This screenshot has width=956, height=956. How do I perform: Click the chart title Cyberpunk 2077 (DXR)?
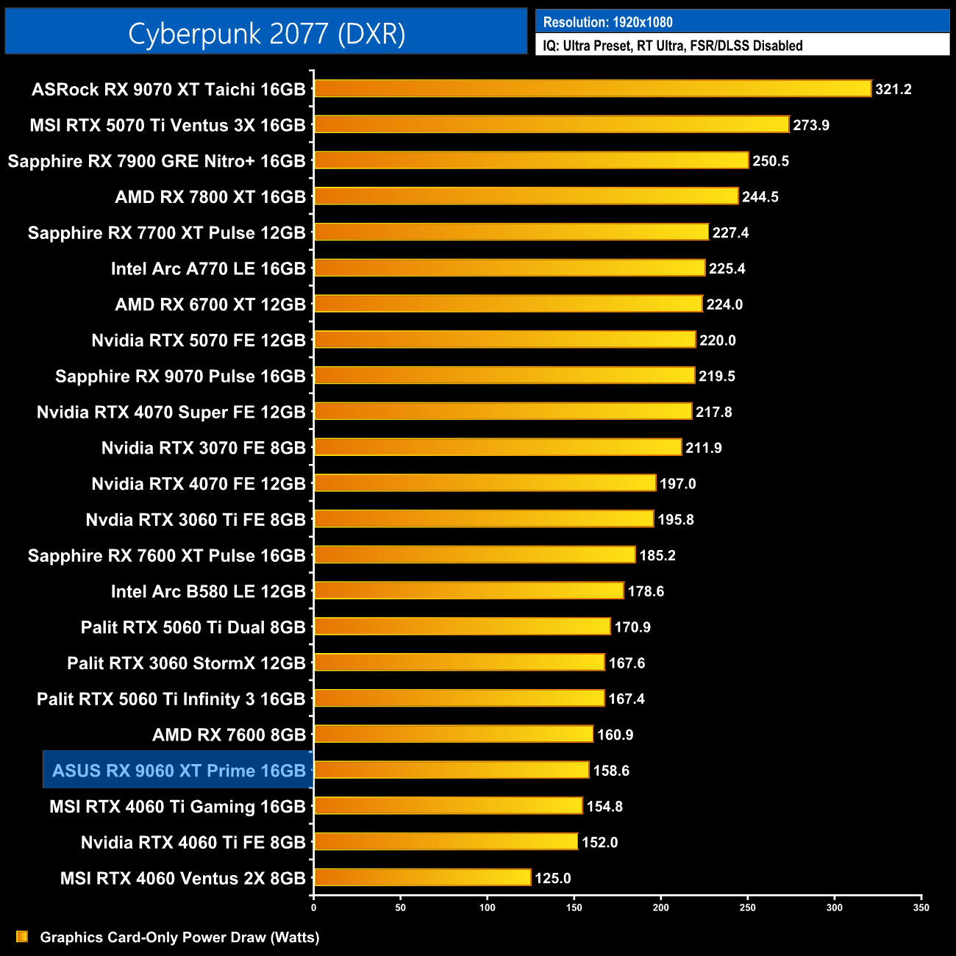pyautogui.click(x=266, y=34)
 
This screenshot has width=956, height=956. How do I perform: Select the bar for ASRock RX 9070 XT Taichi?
pyautogui.click(x=593, y=89)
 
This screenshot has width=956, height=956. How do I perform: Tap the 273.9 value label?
pyautogui.click(x=811, y=125)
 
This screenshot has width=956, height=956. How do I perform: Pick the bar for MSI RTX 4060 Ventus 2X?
pyautogui.click(x=423, y=877)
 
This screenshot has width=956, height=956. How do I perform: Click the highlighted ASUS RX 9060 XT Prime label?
pyautogui.click(x=179, y=771)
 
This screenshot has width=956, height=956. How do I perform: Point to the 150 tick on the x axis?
pyautogui.click(x=574, y=907)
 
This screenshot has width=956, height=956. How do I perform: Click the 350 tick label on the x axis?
pyautogui.click(x=921, y=907)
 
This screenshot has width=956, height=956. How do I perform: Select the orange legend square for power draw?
pyautogui.click(x=22, y=936)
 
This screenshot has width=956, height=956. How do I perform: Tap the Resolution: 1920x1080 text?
pyautogui.click(x=608, y=22)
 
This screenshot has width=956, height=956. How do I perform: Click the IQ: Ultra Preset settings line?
pyautogui.click(x=673, y=46)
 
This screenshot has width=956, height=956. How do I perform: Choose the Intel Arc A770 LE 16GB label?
pyautogui.click(x=208, y=268)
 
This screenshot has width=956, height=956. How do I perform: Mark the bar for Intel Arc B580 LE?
pyautogui.click(x=469, y=591)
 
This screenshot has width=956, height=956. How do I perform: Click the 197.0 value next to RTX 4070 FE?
pyautogui.click(x=677, y=484)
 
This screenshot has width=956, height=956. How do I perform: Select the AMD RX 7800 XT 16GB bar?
pyautogui.click(x=527, y=196)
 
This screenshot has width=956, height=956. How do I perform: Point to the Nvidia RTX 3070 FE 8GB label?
pyautogui.click(x=204, y=448)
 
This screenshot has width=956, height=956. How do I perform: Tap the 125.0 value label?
pyautogui.click(x=552, y=878)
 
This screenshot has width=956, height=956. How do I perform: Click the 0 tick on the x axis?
pyautogui.click(x=314, y=907)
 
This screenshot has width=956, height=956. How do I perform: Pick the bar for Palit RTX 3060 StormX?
pyautogui.click(x=460, y=663)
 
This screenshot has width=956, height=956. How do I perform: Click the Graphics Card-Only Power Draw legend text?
pyautogui.click(x=179, y=937)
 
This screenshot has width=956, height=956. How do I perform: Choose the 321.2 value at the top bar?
pyautogui.click(x=893, y=89)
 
